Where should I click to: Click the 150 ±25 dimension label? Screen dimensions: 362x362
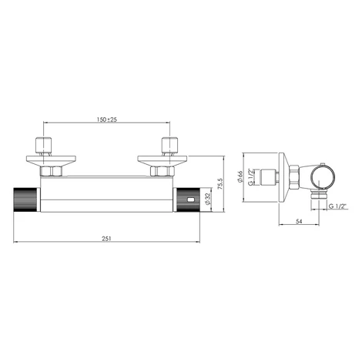point(107,119)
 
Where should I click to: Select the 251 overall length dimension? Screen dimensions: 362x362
point(106,238)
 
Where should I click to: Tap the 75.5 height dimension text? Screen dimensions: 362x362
point(220,184)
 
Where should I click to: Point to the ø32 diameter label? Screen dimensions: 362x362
point(207,199)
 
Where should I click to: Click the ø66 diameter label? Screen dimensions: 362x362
point(240,176)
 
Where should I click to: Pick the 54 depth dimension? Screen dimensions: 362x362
point(299,221)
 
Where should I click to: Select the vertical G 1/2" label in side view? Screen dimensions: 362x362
point(250,177)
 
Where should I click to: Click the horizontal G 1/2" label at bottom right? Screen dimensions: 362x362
point(337,206)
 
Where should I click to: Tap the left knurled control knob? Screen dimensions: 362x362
point(25,199)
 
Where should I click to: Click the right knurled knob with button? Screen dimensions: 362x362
point(188,199)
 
